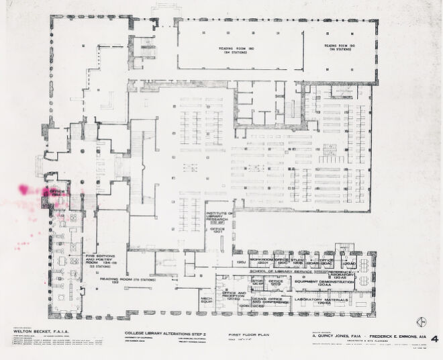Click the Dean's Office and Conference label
coord(269,303)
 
